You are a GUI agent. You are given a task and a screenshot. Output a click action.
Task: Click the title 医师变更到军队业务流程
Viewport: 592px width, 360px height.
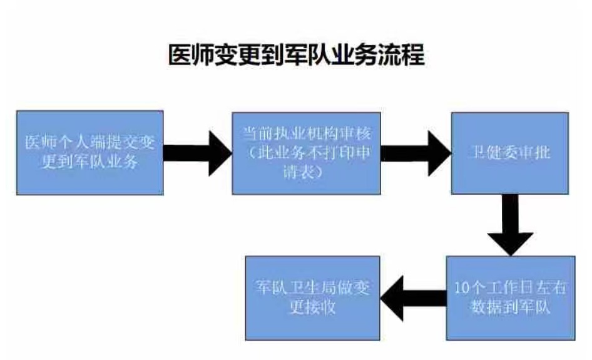click(297, 55)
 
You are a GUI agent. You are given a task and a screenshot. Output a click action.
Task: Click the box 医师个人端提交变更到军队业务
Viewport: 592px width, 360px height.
click(89, 153)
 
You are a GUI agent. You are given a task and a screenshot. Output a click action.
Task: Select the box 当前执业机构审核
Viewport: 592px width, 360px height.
click(306, 153)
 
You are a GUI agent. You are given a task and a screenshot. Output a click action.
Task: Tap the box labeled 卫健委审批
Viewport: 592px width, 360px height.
click(510, 153)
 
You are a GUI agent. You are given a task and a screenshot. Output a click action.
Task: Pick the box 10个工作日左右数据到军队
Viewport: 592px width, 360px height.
click(510, 297)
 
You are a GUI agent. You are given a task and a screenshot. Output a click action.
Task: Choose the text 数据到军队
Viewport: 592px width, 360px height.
click(509, 307)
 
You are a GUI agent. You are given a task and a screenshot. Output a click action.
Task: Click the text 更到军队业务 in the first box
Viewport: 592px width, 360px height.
click(89, 162)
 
